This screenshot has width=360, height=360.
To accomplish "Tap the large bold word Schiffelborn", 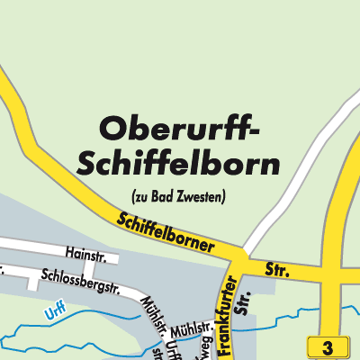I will click(178, 165).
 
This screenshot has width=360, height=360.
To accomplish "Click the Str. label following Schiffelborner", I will click(276, 269).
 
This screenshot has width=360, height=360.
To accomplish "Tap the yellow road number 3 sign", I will click(328, 347).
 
